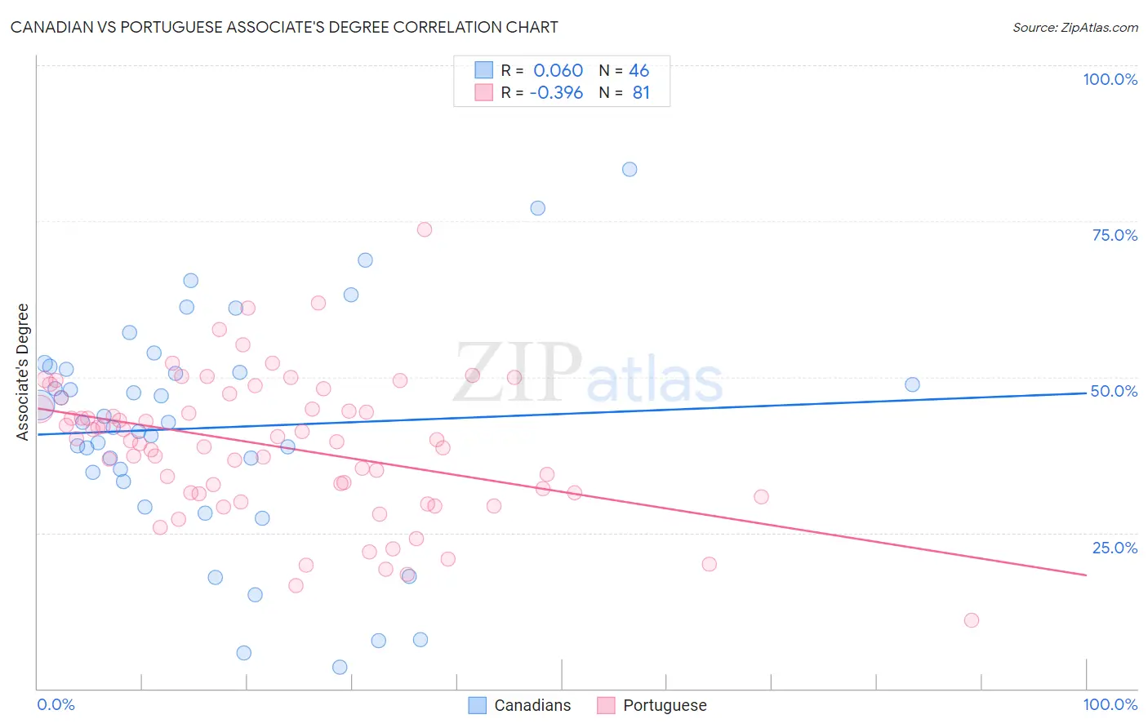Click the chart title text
pos(284,27)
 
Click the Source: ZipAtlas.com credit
pos(1075,27)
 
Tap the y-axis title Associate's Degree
pos(23,372)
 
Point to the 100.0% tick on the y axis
pos(1110,79)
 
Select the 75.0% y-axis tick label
pos(1115,235)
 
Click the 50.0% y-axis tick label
pos(1114,391)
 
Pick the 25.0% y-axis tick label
pos(1115,548)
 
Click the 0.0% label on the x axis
pos(56,704)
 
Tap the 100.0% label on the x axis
pos(1110,704)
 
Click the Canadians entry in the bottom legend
pos(520,705)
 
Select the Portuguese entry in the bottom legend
pos(652,705)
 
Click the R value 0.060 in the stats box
pos(558,70)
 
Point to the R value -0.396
pos(556,93)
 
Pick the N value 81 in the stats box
pos(641,93)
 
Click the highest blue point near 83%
pos(630,170)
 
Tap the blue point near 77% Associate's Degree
pos(537,208)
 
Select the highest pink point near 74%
pos(425,229)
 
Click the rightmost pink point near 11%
pos(971,620)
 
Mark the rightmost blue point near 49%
pos(912,384)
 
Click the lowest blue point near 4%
pos(340,668)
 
